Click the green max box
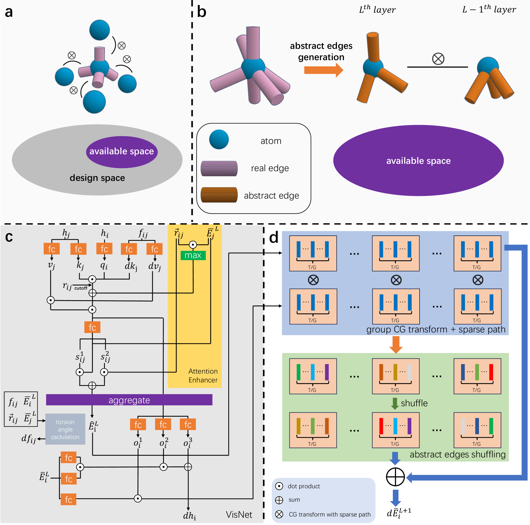pyautogui.click(x=193, y=255)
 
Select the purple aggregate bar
pyautogui.click(x=129, y=400)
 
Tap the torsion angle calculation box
pyautogui.click(x=65, y=429)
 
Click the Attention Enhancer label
pyautogui.click(x=203, y=375)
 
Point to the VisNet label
pyautogui.click(x=239, y=514)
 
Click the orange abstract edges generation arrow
pyautogui.click(x=323, y=70)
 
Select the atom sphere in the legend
pyautogui.click(x=219, y=139)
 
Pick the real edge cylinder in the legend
pyautogui.click(x=219, y=168)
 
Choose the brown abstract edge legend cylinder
pyautogui.click(x=219, y=195)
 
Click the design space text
pyautogui.click(x=97, y=178)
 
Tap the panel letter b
pyautogui.click(x=202, y=12)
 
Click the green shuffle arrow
pyautogui.click(x=395, y=403)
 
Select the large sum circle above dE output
pyautogui.click(x=395, y=477)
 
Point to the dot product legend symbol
pyautogui.click(x=279, y=486)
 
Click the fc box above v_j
pyautogui.click(x=52, y=249)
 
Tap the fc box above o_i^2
pyautogui.click(x=163, y=425)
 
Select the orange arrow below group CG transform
pyautogui.click(x=396, y=344)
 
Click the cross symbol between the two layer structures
pyautogui.click(x=438, y=59)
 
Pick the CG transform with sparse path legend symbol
pyautogui.click(x=279, y=514)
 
